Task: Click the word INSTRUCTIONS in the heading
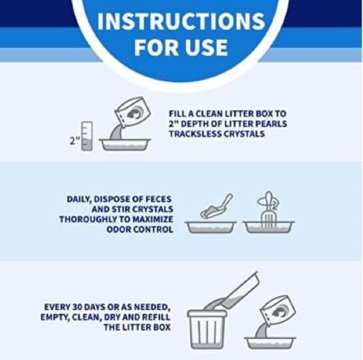[181, 21]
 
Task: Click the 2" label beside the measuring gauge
[74, 141]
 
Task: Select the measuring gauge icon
[86, 136]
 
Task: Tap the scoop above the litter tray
[216, 206]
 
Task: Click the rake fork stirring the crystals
[268, 210]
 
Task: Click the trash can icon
[207, 329]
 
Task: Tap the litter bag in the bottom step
[277, 311]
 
